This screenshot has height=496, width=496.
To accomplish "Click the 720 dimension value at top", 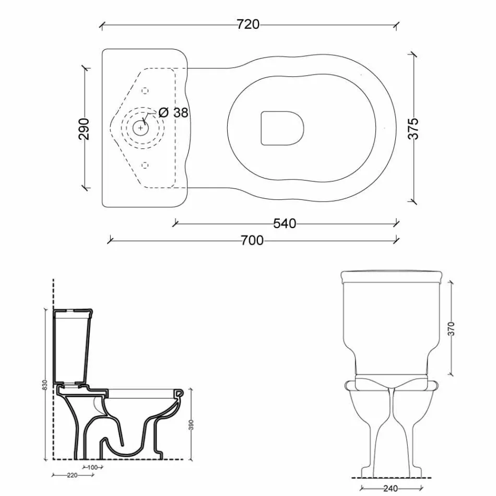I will [248, 24].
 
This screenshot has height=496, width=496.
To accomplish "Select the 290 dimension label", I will [84, 128].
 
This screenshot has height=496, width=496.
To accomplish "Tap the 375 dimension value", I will [414, 128].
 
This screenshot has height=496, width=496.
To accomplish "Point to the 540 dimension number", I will [285, 223].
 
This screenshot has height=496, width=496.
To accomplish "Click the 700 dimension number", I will [252, 240].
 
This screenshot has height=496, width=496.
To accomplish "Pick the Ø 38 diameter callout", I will [173, 112].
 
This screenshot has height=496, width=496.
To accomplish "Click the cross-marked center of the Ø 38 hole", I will [140, 127].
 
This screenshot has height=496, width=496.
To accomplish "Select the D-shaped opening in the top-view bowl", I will [281, 127].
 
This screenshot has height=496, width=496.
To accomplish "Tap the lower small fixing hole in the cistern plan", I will [145, 166].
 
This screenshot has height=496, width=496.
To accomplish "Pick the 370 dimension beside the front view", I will [452, 328].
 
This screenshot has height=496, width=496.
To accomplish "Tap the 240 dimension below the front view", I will [390, 488].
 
